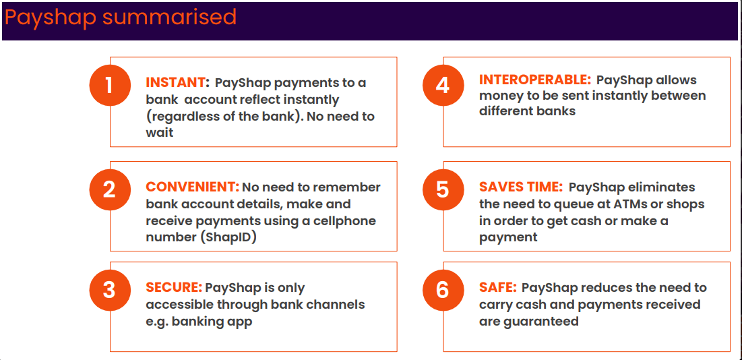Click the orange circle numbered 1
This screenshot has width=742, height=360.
pyautogui.click(x=109, y=86)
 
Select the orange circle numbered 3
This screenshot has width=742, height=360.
pyautogui.click(x=109, y=291)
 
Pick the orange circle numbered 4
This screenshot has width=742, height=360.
pyautogui.click(x=442, y=86)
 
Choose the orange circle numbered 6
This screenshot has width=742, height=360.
pyautogui.click(x=442, y=291)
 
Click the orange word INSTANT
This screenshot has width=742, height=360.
pyautogui.click(x=176, y=83)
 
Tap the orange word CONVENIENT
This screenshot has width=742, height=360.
pyautogui.click(x=192, y=187)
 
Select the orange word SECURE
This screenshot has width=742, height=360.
pyautogui.click(x=174, y=288)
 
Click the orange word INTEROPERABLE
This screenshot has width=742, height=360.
pyautogui.click(x=534, y=80)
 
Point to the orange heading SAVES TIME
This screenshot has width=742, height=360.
pyautogui.click(x=520, y=187)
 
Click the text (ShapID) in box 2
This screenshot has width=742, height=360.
pyautogui.click(x=230, y=237)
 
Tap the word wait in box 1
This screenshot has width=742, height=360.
pyautogui.click(x=160, y=133)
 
